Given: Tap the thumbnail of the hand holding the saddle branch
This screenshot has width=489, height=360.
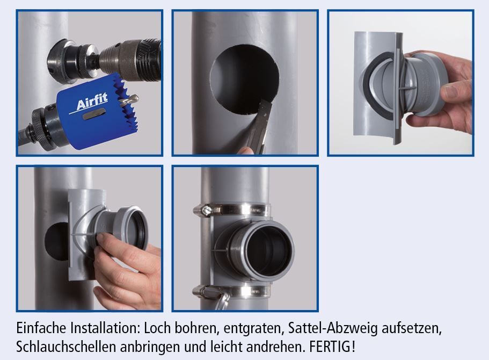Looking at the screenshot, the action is click(x=450, y=91).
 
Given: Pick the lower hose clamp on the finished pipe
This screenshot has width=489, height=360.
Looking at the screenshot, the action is click(x=231, y=290).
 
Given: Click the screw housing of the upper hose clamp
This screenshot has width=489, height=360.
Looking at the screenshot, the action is click(x=205, y=210).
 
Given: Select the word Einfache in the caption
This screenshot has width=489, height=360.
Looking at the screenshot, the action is click(x=41, y=328).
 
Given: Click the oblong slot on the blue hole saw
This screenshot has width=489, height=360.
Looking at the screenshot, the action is click(x=93, y=115).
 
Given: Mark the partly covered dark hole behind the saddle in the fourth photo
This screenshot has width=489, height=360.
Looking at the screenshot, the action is click(x=56, y=242).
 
